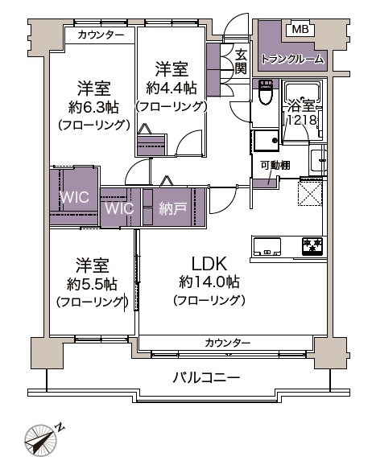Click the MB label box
tap(300, 29)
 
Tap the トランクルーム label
tap(292, 60)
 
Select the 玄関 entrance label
tap(240, 62)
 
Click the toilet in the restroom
tap(266, 93)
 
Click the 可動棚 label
tap(275, 165)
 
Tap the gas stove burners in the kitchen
tap(312, 245)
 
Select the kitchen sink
tap(267, 247)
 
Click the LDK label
tap(209, 264)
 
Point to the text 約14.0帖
tap(209, 282)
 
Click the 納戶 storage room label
tap(173, 208)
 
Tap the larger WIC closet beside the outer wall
tap(74, 197)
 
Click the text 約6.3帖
tap(93, 107)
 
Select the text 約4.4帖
tap(172, 88)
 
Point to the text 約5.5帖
tap(92, 284)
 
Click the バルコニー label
tap(206, 378)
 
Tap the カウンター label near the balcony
tap(228, 343)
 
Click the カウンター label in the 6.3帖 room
tap(101, 35)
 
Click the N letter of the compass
tap(60, 427)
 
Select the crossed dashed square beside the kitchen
tap(310, 194)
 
